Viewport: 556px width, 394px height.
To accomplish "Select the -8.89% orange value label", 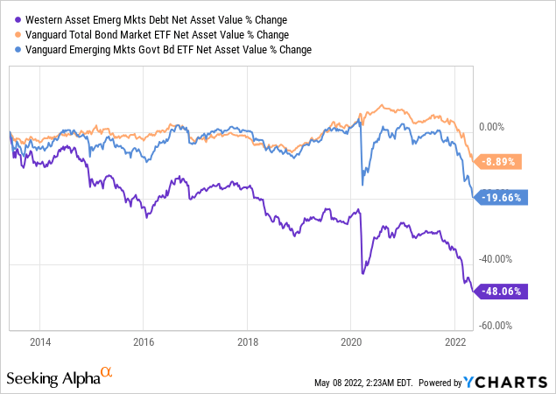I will pyautogui.click(x=502, y=161).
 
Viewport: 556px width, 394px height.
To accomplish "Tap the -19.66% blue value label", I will pyautogui.click(x=502, y=197).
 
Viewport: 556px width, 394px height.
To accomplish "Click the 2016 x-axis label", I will pyautogui.click(x=144, y=340).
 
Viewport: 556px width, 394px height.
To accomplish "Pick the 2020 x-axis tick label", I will pyautogui.click(x=351, y=340).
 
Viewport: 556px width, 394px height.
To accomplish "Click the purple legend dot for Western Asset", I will pyautogui.click(x=12, y=19).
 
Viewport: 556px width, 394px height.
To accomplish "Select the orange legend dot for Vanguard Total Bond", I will pyautogui.click(x=12, y=33).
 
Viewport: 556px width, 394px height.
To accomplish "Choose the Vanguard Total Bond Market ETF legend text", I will pyautogui.click(x=152, y=33).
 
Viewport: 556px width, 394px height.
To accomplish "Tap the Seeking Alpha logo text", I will pyautogui.click(x=53, y=377).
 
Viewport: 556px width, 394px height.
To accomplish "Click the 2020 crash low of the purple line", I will pyautogui.click(x=362, y=274).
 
